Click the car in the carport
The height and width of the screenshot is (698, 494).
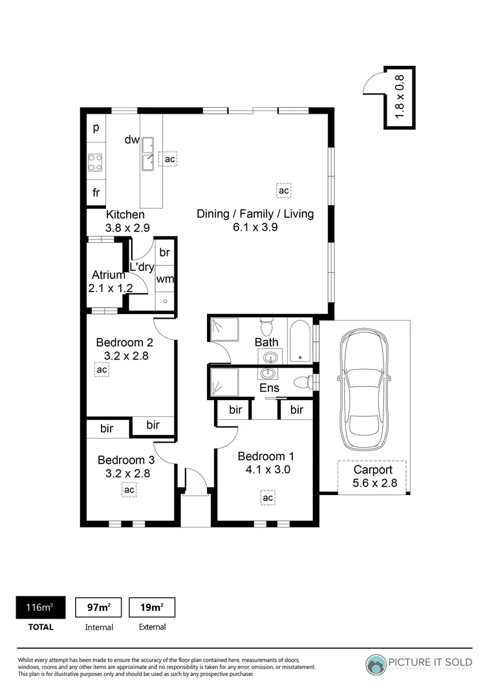(366, 390)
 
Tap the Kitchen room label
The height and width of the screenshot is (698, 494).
(125, 215)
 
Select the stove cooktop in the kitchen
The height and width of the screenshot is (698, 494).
(96, 162)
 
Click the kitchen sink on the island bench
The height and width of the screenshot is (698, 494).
(148, 155)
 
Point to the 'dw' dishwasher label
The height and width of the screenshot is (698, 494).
(132, 139)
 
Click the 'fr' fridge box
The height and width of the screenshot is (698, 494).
(96, 192)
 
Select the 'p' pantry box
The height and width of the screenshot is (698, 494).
(96, 127)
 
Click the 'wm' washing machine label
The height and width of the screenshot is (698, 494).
(165, 279)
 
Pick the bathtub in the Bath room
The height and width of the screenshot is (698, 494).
(301, 341)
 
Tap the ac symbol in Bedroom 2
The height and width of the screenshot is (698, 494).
(102, 369)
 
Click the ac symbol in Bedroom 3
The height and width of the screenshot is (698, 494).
(129, 490)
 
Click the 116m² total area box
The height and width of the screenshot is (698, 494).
(40, 608)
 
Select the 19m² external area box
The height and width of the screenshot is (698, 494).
(152, 608)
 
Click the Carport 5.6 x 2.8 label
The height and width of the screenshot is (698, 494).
(372, 476)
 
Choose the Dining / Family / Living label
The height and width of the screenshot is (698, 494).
(255, 214)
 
